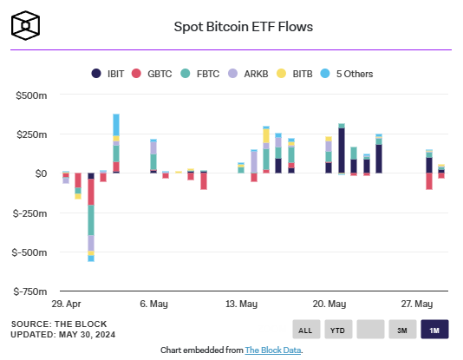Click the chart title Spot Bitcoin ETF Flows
(x=244, y=26)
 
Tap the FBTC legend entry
(x=208, y=74)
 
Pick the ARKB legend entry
(x=255, y=74)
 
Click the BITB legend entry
(x=301, y=74)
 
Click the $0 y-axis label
(x=40, y=173)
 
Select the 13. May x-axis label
(x=242, y=304)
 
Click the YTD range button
(x=337, y=330)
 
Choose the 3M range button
(x=401, y=330)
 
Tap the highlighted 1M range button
(x=434, y=330)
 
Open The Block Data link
(x=273, y=350)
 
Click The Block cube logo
(x=26, y=26)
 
